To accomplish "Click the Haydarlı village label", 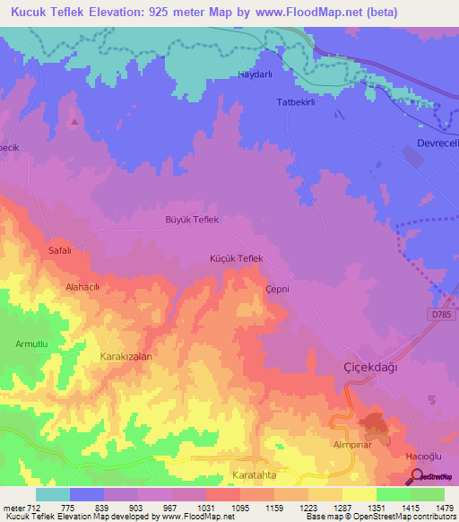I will pos(254,74).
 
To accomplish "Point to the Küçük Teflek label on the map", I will pos(235,258).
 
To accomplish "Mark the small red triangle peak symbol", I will pos(74,121).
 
